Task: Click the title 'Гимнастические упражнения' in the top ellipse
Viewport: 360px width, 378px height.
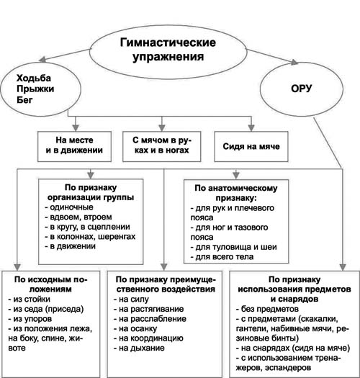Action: [x=168, y=50]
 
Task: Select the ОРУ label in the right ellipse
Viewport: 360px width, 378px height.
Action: [x=301, y=89]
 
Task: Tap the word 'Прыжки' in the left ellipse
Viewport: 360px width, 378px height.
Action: [x=35, y=89]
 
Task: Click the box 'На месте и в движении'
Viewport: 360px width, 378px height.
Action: [x=74, y=146]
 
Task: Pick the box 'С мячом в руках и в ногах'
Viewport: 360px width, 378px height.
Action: [x=161, y=146]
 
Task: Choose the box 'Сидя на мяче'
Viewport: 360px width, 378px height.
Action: [x=251, y=146]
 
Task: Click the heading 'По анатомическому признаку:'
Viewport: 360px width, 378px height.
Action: [x=236, y=193]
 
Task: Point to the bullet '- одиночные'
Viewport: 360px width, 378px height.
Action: [x=69, y=207]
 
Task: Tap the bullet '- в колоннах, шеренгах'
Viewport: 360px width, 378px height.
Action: [x=90, y=236]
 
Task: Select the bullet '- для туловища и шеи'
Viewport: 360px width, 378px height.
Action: [x=234, y=247]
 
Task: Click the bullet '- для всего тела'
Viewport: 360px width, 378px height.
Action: [x=222, y=257]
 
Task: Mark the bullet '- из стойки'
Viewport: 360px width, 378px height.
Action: [x=30, y=300]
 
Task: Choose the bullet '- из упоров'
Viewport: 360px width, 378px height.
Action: [x=30, y=319]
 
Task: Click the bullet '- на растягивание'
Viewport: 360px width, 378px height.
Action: [x=149, y=309]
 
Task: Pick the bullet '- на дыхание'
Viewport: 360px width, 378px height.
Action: [x=139, y=348]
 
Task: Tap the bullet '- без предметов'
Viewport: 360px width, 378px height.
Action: [x=267, y=309]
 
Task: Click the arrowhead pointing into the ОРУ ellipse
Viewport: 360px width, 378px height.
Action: [x=294, y=62]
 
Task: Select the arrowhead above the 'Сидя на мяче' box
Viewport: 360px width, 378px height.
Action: [x=251, y=127]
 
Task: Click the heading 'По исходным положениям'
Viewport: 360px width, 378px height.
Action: [x=50, y=284]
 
